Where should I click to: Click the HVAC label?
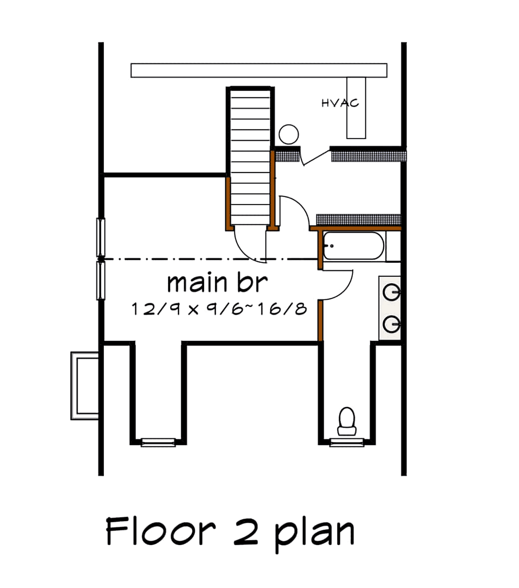click(340, 103)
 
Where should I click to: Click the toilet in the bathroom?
click(347, 421)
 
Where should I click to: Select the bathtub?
click(354, 246)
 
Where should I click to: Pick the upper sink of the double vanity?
click(391, 292)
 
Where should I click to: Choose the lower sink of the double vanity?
click(391, 324)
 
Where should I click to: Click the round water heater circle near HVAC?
click(288, 134)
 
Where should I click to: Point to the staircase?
click(250, 157)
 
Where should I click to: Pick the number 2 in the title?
click(246, 533)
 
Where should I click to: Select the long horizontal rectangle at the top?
click(259, 70)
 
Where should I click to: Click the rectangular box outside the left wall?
click(84, 386)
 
